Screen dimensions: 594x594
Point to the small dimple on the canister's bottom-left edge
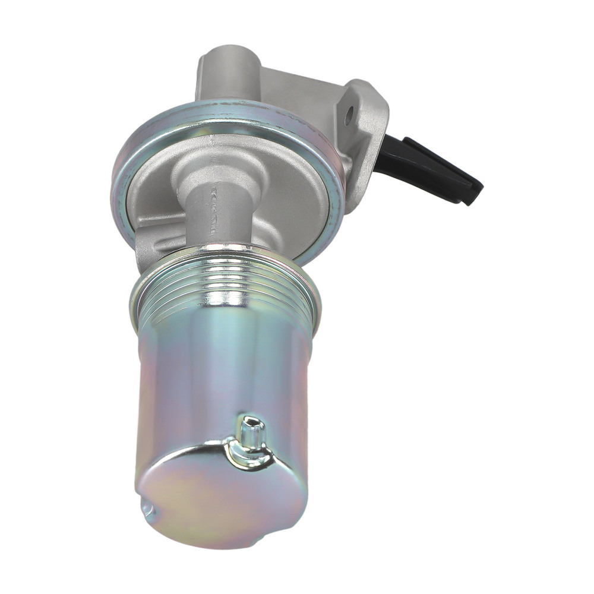coord(146,508)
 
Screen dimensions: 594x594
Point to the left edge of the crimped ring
coord(114,178)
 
